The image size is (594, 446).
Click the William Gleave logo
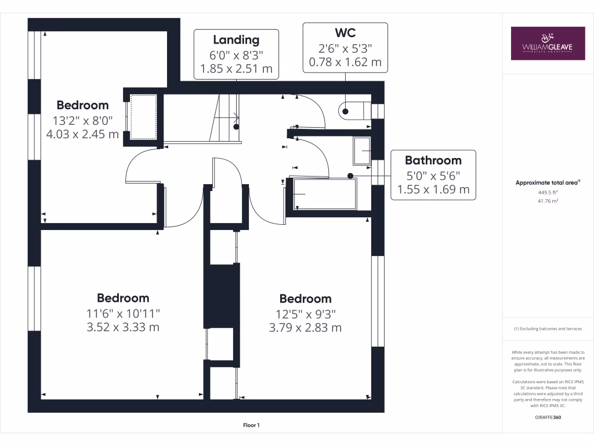point(548,43)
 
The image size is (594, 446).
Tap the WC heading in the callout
point(345,32)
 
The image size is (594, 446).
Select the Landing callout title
point(236,39)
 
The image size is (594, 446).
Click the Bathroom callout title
point(433,160)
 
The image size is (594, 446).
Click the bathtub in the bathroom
point(325,194)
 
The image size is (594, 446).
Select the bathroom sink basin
point(362,150)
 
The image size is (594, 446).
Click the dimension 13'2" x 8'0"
point(82,120)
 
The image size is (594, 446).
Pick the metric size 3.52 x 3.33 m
point(123,327)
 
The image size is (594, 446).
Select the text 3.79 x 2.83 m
point(305,328)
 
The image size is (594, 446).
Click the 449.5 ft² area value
point(548,193)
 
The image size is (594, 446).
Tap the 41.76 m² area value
point(548,201)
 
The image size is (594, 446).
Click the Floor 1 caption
point(251,426)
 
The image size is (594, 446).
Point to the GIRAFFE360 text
point(548,417)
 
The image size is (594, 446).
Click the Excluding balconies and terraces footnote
point(548,329)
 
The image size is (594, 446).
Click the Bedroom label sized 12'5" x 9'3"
point(305,298)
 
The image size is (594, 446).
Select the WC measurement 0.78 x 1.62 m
point(345,62)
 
